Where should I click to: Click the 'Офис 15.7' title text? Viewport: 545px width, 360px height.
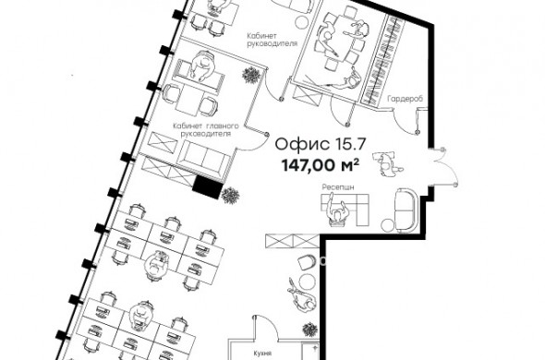321,144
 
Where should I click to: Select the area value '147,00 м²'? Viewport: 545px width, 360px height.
320,165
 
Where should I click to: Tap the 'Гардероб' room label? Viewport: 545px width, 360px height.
406,99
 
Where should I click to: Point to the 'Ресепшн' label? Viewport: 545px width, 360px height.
338,187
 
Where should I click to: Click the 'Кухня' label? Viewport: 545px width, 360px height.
262,354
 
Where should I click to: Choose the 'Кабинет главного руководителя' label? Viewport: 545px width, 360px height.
206,129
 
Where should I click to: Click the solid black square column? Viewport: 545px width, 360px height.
208,187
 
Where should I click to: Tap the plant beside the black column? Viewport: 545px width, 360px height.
230,196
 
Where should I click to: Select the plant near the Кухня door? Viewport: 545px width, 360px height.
309,330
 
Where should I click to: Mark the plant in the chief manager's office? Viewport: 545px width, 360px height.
251,75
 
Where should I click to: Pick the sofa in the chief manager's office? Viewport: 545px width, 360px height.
202,159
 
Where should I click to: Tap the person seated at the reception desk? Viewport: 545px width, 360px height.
336,212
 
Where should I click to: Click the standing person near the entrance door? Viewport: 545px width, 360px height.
386,162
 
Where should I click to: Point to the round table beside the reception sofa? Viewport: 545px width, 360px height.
387,225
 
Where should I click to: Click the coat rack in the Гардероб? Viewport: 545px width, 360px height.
383,60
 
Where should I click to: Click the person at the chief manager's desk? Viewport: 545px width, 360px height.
202,66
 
